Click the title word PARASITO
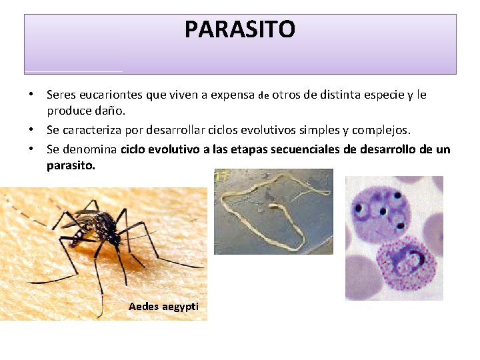coord(240,29)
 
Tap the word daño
coord(108,109)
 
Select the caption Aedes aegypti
coord(163,306)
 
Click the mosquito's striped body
coord(100,227)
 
